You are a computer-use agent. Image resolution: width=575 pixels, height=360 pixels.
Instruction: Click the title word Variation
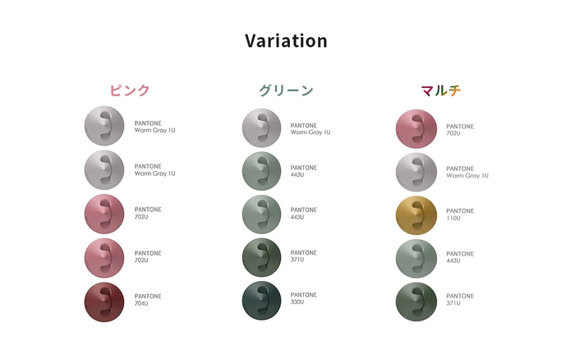tap(286, 41)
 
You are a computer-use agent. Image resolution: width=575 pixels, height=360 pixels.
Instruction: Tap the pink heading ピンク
tap(130, 90)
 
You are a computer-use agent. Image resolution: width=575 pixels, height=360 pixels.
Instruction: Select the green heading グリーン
tap(286, 90)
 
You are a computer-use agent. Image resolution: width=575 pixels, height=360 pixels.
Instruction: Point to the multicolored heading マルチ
tap(440, 90)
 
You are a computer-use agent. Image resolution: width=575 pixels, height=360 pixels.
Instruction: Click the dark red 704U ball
tap(104, 301)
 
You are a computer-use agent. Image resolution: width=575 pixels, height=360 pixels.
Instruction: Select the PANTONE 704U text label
tap(148, 300)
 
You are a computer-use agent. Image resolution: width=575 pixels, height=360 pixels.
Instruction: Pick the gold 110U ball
tap(416, 215)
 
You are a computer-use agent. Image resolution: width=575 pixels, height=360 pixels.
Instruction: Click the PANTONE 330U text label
tap(304, 298)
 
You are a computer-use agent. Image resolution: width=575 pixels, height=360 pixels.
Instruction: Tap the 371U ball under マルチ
tap(416, 301)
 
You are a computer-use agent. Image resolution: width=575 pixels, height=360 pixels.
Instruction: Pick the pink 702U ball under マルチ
tap(416, 130)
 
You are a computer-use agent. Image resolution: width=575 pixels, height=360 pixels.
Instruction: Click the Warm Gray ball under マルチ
tap(416, 172)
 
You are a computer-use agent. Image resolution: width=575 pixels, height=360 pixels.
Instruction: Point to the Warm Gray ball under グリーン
tap(262, 128)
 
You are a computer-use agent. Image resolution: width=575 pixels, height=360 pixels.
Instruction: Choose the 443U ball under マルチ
tap(416, 258)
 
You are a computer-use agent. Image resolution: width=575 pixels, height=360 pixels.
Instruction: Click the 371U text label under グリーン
tap(304, 256)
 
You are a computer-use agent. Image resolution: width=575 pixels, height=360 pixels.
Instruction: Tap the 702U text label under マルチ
tap(460, 130)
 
